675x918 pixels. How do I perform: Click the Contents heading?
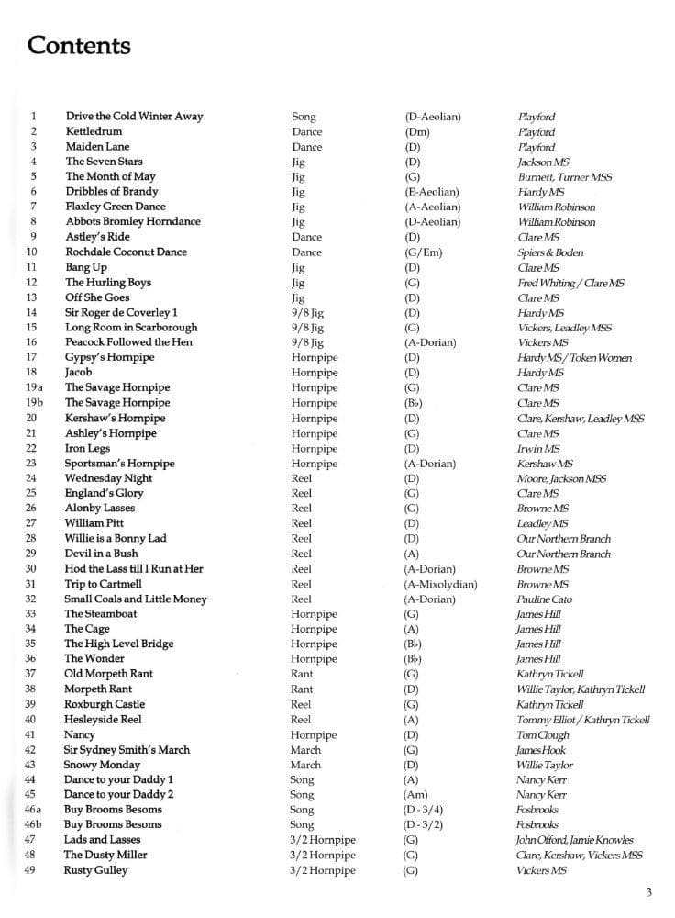tap(80, 45)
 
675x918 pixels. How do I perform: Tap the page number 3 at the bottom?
tap(648, 891)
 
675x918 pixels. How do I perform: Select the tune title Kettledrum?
tap(94, 131)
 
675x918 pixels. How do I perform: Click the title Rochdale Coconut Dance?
tap(126, 252)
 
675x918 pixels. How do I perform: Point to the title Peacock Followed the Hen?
tap(128, 342)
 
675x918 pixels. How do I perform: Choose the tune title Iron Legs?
tap(88, 448)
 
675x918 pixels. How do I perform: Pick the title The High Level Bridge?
tap(118, 644)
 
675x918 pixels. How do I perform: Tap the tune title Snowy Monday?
tap(102, 765)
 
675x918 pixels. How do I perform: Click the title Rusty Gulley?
tap(95, 869)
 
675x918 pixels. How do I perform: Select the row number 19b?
tap(34, 402)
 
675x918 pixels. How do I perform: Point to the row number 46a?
tap(34, 810)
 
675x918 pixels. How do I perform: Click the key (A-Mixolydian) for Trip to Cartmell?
tap(440, 584)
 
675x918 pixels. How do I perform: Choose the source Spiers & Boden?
tap(550, 252)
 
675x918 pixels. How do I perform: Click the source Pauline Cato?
tap(546, 599)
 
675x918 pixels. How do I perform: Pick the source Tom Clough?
tap(543, 734)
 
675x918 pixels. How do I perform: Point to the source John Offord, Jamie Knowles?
tap(575, 840)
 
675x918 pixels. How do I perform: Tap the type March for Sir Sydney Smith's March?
tap(305, 749)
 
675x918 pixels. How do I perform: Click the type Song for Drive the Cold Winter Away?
tap(304, 117)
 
